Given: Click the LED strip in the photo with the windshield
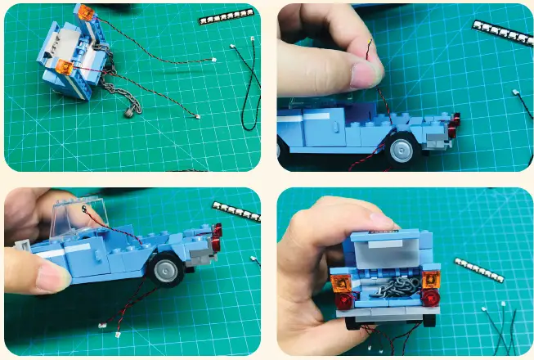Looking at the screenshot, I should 236,212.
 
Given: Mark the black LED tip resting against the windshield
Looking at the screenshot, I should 85,209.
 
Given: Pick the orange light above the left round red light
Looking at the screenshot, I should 339,285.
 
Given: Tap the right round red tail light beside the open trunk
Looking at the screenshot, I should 432,299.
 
